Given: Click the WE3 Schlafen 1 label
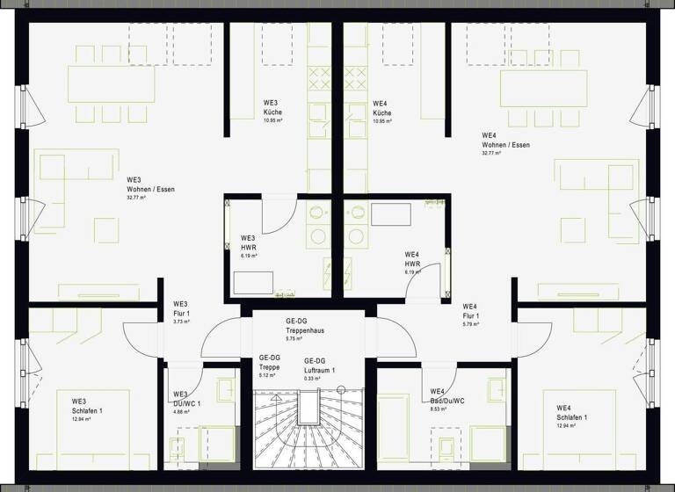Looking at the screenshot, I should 87,409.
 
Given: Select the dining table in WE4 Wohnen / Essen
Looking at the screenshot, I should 544,87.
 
